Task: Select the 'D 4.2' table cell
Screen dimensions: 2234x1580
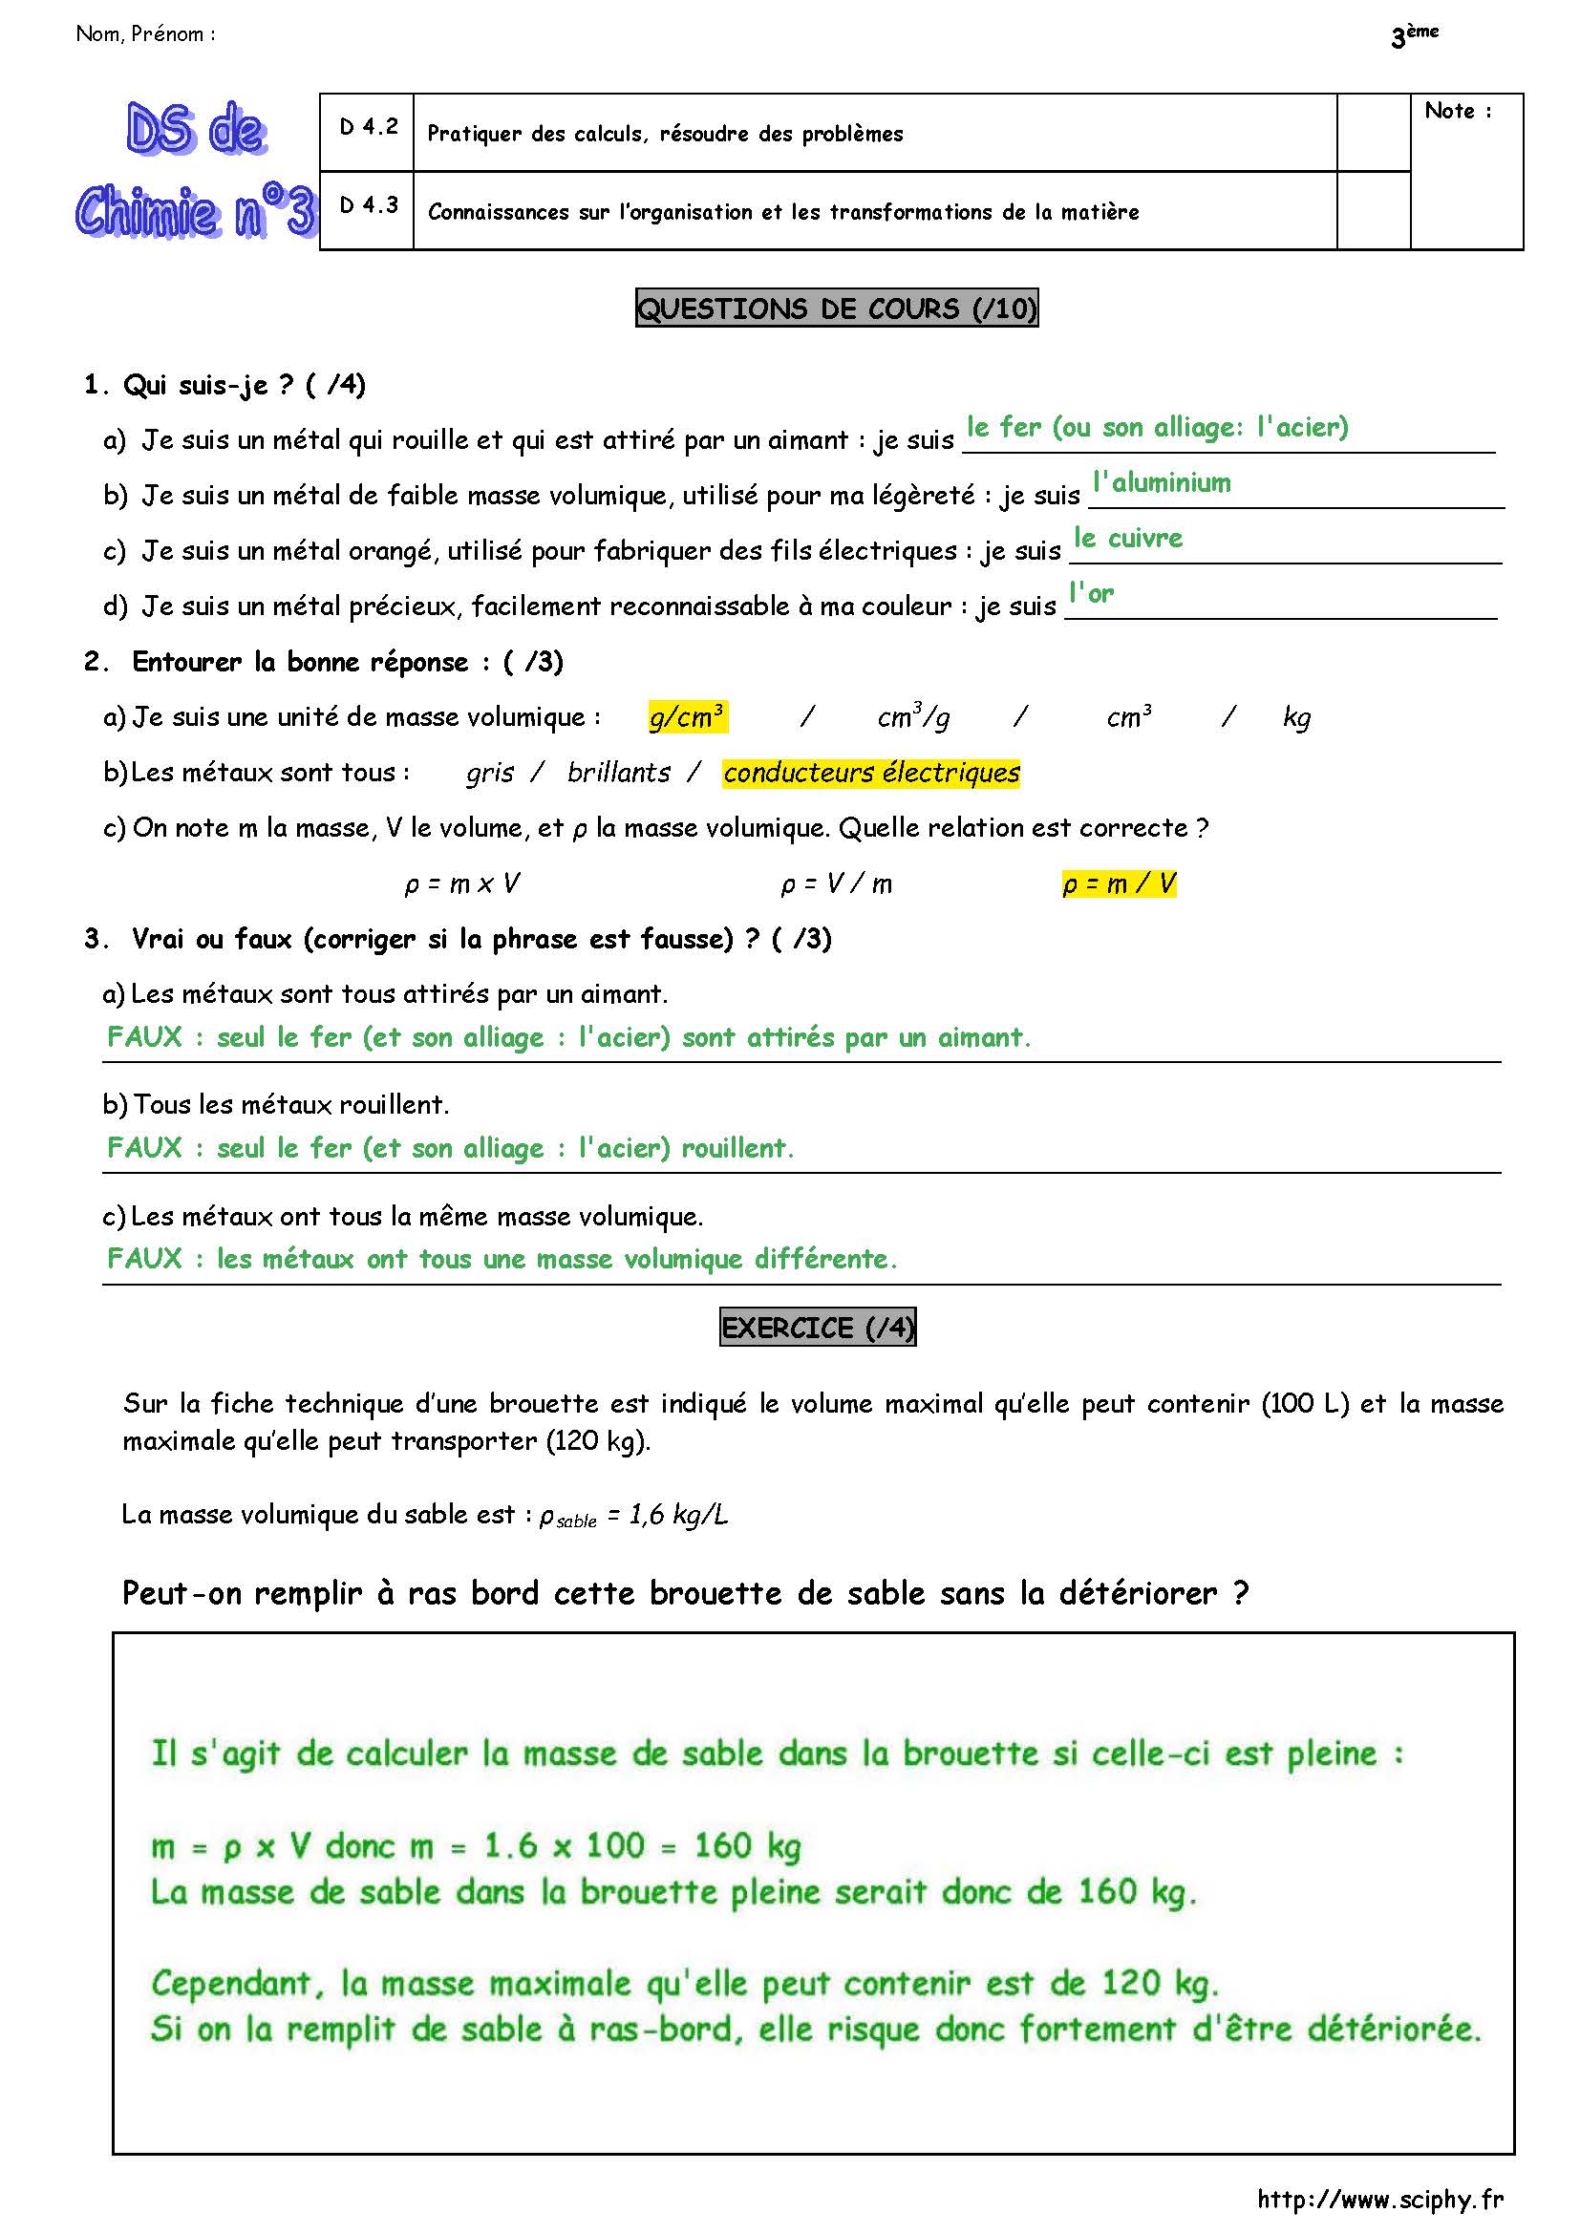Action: click(368, 127)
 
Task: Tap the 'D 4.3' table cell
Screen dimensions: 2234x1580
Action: click(368, 205)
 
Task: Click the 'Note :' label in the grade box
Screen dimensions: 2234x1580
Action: click(1457, 112)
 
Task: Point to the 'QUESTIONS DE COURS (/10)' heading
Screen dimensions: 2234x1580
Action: click(837, 309)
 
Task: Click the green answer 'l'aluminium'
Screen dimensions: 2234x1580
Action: click(1162, 482)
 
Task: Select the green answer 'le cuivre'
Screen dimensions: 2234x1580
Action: click(1128, 538)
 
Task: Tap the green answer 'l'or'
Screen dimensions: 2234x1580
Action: click(1092, 593)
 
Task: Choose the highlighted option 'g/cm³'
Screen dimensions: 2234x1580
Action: click(687, 717)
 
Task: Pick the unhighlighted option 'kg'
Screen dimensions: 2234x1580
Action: click(1297, 718)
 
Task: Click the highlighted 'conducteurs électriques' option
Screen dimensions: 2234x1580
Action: click(871, 773)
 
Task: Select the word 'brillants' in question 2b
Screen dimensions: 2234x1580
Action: click(619, 773)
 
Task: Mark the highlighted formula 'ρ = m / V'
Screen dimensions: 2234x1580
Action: click(1119, 883)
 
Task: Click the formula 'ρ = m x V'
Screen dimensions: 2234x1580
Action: click(461, 883)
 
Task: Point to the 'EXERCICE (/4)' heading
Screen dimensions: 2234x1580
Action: click(818, 1329)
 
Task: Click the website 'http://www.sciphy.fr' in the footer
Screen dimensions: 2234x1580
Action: click(1379, 2199)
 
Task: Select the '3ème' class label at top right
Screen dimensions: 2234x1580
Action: click(1415, 36)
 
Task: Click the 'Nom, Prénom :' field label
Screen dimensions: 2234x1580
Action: click(146, 34)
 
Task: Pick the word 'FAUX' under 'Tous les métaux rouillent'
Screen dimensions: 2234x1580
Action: click(145, 1148)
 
